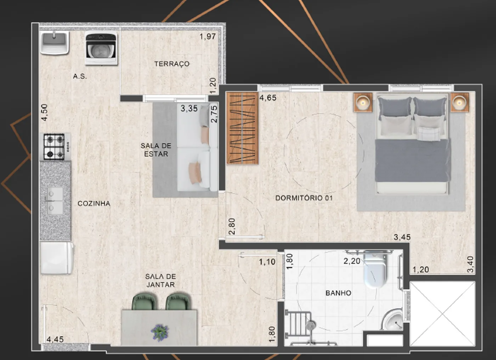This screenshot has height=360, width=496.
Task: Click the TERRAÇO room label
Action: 172,64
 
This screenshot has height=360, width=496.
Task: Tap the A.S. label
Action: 80,76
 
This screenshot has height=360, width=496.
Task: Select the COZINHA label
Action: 94,203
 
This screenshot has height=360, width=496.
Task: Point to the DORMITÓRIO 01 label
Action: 304,198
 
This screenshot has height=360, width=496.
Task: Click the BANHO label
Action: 338,293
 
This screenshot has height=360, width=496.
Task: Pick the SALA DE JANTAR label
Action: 160,280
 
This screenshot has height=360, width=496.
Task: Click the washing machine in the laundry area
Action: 101,48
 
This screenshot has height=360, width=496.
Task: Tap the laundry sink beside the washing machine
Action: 55,43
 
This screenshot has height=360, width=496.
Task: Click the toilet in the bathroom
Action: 374,269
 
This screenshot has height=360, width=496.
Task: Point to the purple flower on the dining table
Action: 160,332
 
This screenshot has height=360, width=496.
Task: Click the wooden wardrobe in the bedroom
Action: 242,128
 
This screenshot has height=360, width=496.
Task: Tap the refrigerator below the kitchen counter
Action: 57,258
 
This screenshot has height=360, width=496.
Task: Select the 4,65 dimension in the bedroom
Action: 268,98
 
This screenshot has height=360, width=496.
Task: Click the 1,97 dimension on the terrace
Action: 208,36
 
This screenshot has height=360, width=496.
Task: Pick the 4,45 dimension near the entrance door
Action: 55,339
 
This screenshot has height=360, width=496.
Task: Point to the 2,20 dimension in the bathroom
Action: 352,261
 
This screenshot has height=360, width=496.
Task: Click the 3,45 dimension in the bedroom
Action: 402,237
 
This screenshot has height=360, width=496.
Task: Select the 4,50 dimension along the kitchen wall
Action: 44,113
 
